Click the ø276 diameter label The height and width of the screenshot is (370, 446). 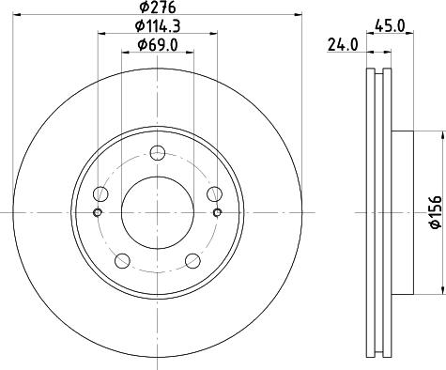pos(156,8)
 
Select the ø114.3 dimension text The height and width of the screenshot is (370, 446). pos(156,26)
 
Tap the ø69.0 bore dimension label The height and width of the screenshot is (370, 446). pos(156,44)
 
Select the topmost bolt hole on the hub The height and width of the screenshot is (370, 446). pos(157,153)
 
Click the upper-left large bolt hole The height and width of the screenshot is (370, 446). pos(101,193)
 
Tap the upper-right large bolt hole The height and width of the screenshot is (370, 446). pos(212,193)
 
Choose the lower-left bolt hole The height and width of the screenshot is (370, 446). pos(122,259)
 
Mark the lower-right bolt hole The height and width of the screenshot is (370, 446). pos(192,259)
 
